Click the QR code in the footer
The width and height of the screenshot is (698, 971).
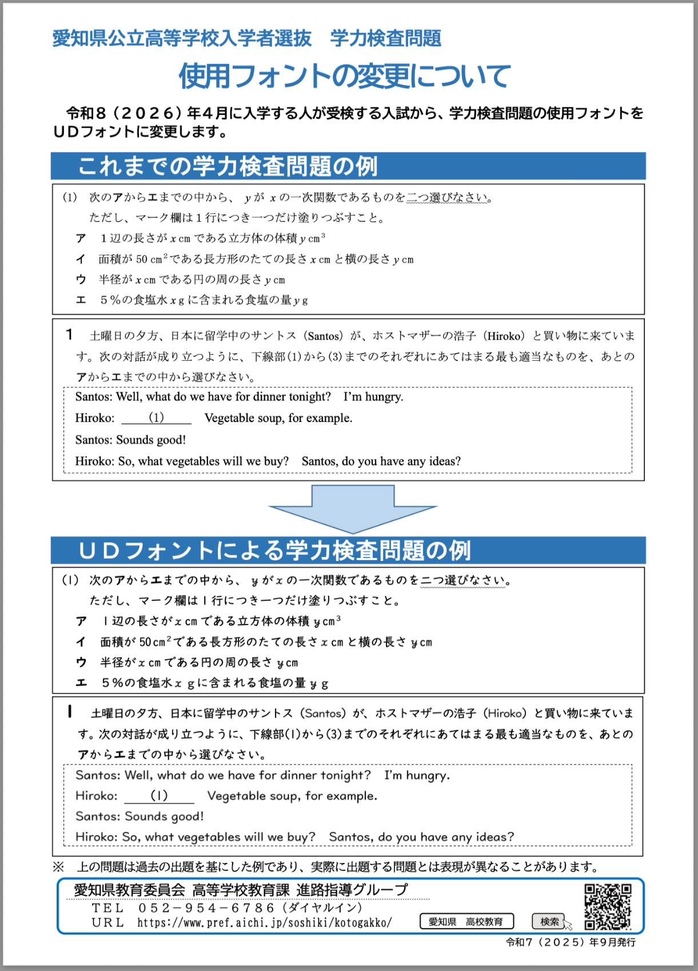(608, 907)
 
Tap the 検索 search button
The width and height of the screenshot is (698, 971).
(549, 921)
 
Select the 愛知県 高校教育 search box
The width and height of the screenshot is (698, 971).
(466, 921)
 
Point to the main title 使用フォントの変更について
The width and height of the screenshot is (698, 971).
(344, 76)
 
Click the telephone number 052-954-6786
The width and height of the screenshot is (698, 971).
(207, 908)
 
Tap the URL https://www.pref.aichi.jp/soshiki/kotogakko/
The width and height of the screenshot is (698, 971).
(264, 922)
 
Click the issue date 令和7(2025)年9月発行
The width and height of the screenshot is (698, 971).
(571, 942)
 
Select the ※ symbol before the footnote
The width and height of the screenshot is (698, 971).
(58, 867)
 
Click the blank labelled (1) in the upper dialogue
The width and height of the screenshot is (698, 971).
(156, 418)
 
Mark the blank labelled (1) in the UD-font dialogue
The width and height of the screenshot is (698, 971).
(159, 795)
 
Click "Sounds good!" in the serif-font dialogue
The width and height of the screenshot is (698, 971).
(151, 440)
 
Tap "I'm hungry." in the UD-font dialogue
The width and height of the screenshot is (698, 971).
(417, 775)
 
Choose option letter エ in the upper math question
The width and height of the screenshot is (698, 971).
(81, 300)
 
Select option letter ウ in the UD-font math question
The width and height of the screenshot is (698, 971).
(81, 662)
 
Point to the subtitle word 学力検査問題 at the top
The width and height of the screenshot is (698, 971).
(386, 38)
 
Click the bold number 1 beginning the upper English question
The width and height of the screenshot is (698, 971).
(69, 335)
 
